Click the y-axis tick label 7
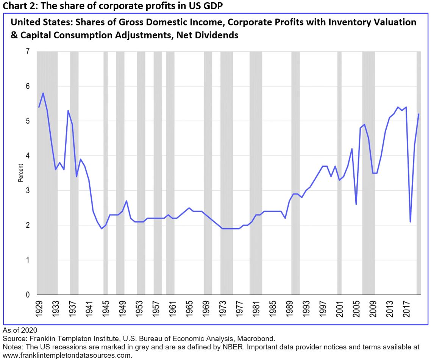(x=28, y=52)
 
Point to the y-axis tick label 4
(x=28, y=156)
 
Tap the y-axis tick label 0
(x=28, y=294)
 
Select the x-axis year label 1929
(x=39, y=308)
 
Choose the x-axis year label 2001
(x=339, y=308)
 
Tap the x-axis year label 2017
(x=406, y=308)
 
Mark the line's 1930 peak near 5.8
(x=43, y=93)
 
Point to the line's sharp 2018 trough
(x=410, y=222)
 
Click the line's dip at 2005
(x=356, y=204)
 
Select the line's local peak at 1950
(x=126, y=201)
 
